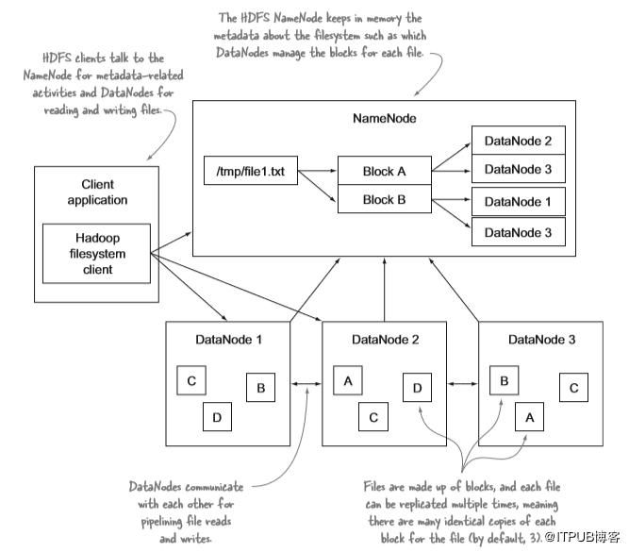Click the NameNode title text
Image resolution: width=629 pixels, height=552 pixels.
383,119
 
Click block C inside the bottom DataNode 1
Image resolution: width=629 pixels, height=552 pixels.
191,381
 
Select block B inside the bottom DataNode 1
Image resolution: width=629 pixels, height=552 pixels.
260,387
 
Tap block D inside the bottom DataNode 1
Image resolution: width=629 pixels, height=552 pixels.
217,414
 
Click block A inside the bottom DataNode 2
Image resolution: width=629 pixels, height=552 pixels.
347,380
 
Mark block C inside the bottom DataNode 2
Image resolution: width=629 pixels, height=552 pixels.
373,414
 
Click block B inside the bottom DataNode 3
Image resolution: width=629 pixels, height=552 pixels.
504,380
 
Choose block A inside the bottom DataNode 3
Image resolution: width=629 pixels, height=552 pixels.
529,414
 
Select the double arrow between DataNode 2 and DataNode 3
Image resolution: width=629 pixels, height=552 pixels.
463,384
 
